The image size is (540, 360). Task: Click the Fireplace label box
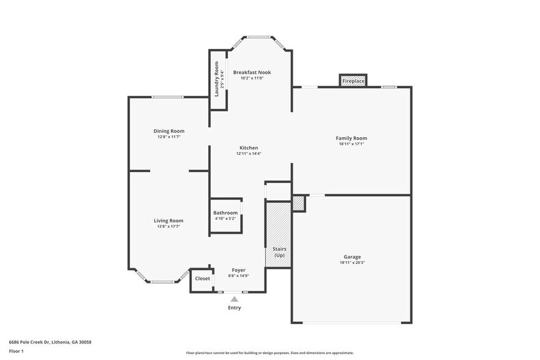tap(353, 81)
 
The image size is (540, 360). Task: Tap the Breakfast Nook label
tap(252, 72)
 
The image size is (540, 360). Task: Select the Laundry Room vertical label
tap(216, 80)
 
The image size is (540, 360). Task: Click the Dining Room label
tap(169, 131)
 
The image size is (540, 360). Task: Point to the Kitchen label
tap(249, 148)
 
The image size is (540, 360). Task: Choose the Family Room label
tap(351, 138)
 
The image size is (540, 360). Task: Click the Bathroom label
tap(225, 213)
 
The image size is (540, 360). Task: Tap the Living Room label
tap(168, 220)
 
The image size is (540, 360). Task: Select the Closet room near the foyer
tap(202, 279)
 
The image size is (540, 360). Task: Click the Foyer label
tap(238, 270)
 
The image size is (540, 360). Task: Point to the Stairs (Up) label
tap(279, 252)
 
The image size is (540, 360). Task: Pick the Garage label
tap(352, 257)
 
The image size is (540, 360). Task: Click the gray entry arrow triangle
tap(234, 299)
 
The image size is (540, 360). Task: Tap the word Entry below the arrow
tap(234, 308)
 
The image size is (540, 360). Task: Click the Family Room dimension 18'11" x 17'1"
tap(351, 144)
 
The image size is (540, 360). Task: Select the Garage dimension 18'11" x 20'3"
tap(352, 263)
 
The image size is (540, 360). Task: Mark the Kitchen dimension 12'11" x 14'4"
tap(249, 154)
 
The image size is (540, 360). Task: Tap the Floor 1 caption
tap(16, 351)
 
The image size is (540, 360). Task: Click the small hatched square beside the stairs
tap(298, 203)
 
